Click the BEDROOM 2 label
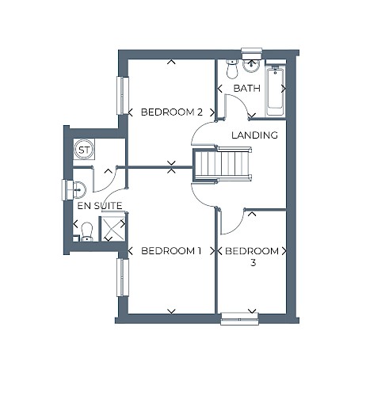coord(172,112)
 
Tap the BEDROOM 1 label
coord(172,251)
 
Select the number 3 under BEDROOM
coord(253,263)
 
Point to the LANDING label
coord(254,135)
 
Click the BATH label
coord(247,88)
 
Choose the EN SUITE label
coord(100,206)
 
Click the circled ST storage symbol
coord(84,150)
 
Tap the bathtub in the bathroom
coord(275,92)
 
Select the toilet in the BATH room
coord(232,69)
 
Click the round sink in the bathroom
coord(251,65)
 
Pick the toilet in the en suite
coord(87,232)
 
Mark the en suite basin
coord(78,190)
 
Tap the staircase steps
coord(221,164)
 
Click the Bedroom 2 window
coord(123,96)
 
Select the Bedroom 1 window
coord(123,277)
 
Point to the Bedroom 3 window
coord(239,318)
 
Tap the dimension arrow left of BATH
coord(219,89)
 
